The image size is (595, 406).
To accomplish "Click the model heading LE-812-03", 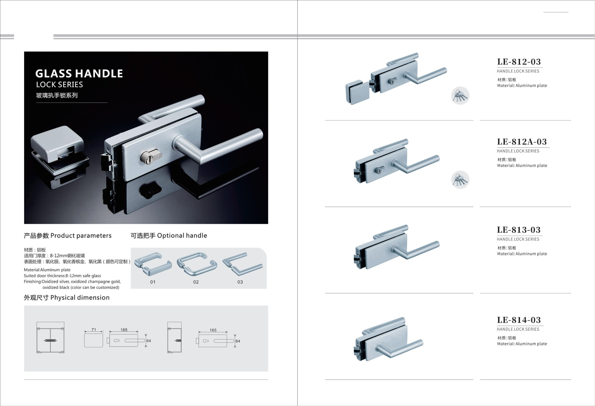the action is [x=519, y=62].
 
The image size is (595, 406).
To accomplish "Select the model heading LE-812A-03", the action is [x=522, y=142].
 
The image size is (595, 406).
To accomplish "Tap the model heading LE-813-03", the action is [x=519, y=230].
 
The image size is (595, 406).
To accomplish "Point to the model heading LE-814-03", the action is [x=519, y=320].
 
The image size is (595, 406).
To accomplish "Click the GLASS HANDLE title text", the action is [x=79, y=73].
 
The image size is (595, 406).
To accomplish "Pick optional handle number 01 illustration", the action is [x=153, y=264].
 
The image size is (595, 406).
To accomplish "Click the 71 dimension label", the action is [x=94, y=330].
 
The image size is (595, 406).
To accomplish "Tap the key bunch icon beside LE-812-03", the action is [x=460, y=96].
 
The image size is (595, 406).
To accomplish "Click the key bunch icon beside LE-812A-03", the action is [x=460, y=180].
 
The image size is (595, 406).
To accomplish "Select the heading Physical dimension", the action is [x=67, y=298].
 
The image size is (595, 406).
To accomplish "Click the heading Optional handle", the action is [x=169, y=235].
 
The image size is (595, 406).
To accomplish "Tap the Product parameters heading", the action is [x=68, y=236].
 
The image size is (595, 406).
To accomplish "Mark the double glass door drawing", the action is [x=50, y=338].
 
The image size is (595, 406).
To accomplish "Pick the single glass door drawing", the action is [x=175, y=338].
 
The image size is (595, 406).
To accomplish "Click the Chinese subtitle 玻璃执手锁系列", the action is [x=57, y=95].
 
